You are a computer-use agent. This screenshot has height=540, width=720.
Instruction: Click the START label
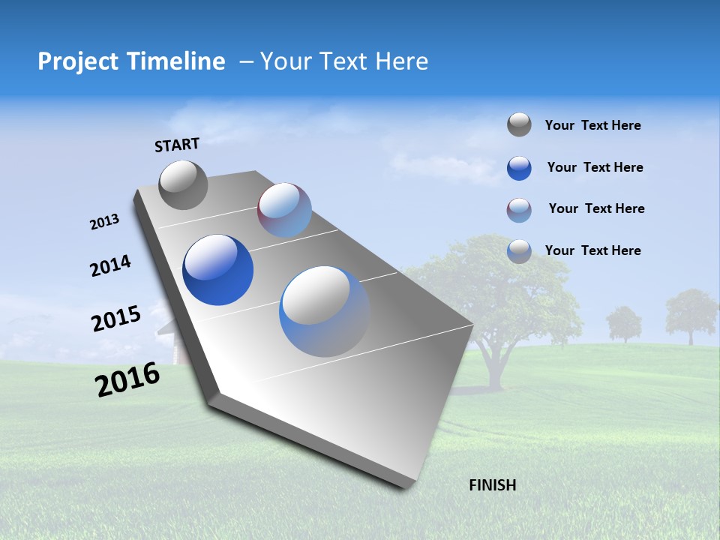[177, 144]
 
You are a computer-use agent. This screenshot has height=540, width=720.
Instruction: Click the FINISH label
[492, 485]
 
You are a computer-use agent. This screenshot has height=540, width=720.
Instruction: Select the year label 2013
[104, 222]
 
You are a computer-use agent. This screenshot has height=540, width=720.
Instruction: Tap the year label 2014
[110, 266]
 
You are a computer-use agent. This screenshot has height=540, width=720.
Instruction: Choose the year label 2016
[127, 379]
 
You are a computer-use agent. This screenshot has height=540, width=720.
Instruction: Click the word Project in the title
[80, 61]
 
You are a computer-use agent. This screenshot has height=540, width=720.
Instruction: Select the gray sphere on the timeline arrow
[183, 184]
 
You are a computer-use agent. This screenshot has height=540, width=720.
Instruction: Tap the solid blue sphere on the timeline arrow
[217, 270]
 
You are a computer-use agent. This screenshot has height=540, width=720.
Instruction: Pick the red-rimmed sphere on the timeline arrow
[284, 210]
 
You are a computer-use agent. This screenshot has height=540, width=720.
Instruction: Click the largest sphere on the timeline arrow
[324, 311]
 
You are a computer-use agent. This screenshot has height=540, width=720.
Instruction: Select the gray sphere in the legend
[519, 125]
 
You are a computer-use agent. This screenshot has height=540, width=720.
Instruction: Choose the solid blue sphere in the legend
[519, 168]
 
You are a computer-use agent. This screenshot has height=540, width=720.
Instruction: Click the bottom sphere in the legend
[519, 251]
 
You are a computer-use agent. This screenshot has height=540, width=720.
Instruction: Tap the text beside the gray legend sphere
[592, 125]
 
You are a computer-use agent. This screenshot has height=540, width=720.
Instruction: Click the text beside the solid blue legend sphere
[595, 167]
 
